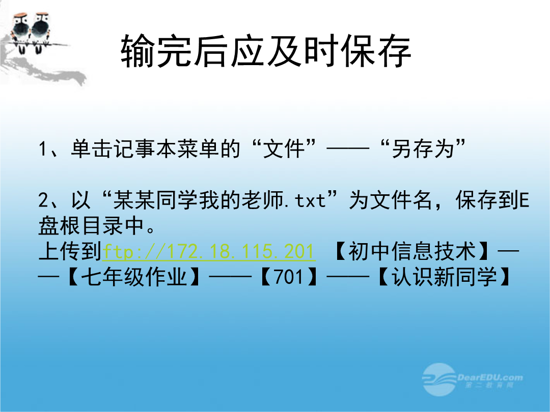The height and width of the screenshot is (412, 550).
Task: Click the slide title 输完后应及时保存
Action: pyautogui.click(x=266, y=51)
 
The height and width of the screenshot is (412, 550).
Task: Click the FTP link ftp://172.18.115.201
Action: pyautogui.click(x=209, y=252)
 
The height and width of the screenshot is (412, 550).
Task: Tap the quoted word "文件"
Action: pyautogui.click(x=284, y=149)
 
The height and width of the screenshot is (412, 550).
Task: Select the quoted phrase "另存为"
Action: pyautogui.click(x=423, y=149)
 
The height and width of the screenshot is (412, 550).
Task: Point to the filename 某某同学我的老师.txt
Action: pyautogui.click(x=219, y=200)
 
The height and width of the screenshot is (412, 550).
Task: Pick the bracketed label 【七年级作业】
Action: pyautogui.click(x=134, y=277)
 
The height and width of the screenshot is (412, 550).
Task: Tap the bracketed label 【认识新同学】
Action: pyautogui.click(x=444, y=277)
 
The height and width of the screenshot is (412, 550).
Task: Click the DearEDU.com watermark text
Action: pyautogui.click(x=490, y=377)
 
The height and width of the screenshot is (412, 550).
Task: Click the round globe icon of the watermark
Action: pyautogui.click(x=439, y=380)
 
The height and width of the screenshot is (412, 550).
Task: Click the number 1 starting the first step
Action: pyautogui.click(x=43, y=149)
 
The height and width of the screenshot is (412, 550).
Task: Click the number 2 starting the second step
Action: pyautogui.click(x=43, y=200)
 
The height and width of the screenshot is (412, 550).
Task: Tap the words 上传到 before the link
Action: pyautogui.click(x=70, y=251)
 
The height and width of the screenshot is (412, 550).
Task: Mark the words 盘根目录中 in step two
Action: pyautogui.click(x=91, y=226)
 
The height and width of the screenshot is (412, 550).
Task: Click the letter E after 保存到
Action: pyautogui.click(x=524, y=200)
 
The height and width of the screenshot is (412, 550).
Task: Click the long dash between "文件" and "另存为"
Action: pyautogui.click(x=348, y=149)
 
